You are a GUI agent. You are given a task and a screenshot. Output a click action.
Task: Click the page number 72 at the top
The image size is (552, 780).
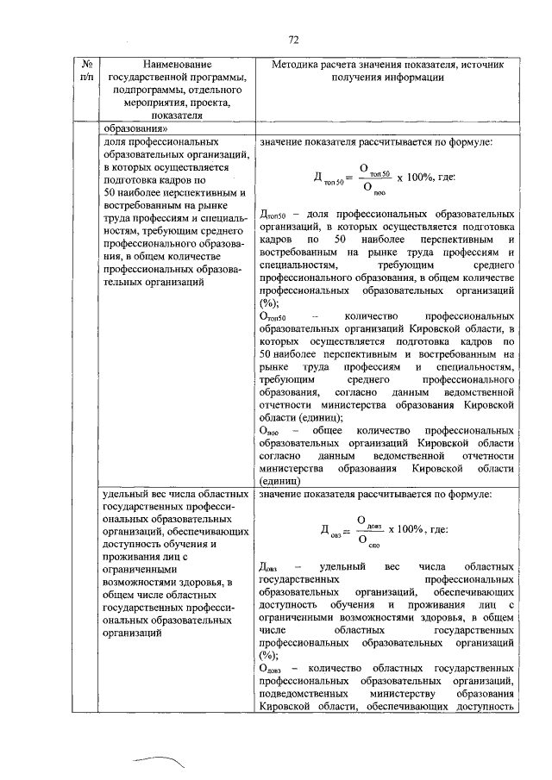coord(292,41)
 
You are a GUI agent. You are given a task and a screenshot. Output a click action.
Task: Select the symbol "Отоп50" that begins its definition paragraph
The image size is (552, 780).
coord(274,318)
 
